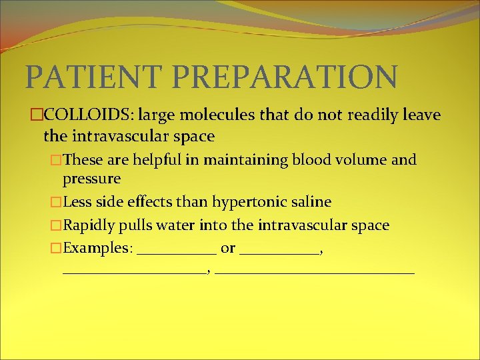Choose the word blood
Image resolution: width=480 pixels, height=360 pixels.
click(313, 160)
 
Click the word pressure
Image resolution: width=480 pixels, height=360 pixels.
click(91, 179)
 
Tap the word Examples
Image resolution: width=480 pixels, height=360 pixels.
click(97, 249)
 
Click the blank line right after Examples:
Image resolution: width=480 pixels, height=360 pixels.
click(177, 252)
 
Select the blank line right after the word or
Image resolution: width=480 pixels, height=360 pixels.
click(279, 252)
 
